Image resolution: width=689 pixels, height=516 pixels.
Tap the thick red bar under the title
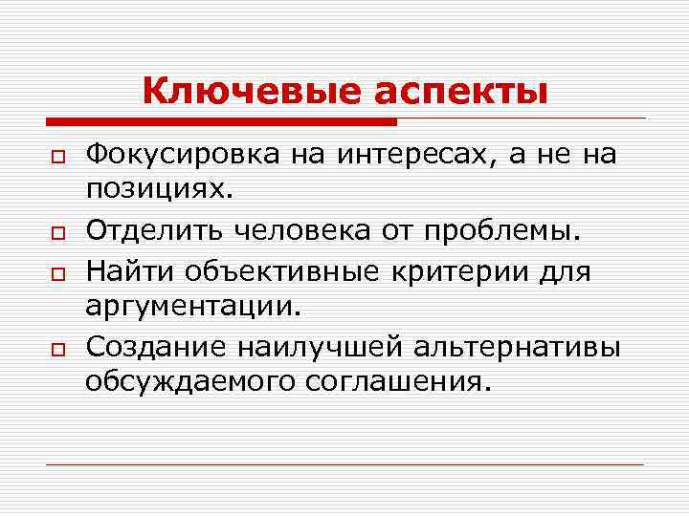coord(221,122)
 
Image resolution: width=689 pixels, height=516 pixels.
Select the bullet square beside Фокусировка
coord(57,158)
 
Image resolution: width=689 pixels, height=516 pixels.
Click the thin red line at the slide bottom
coord(344,465)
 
